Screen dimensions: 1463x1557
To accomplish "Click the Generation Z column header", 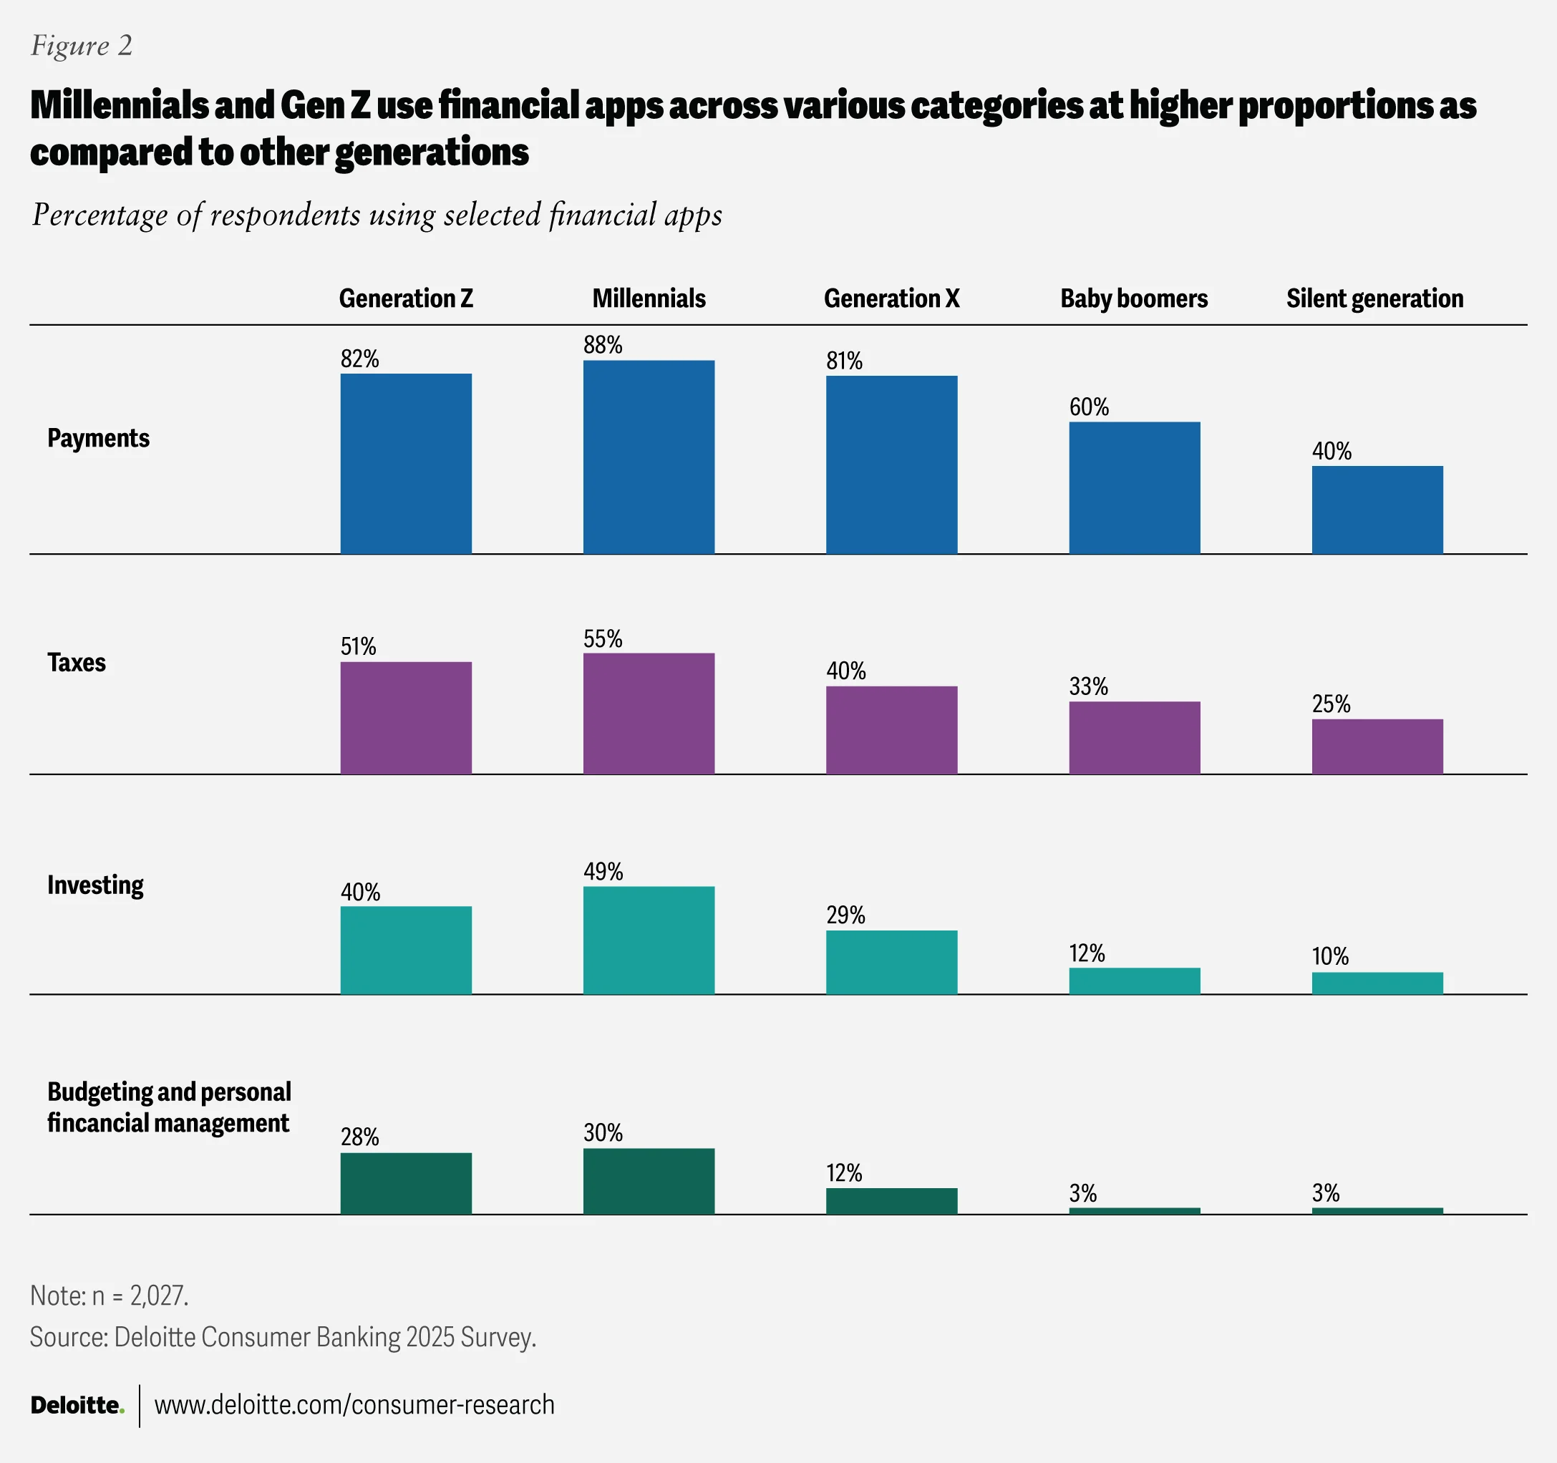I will point(406,298).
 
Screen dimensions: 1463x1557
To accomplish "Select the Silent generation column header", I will point(1374,298).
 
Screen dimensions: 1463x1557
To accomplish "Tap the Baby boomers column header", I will point(1133,298).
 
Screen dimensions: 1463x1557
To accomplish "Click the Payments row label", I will point(98,438).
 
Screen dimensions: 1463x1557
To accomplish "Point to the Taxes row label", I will point(76,663).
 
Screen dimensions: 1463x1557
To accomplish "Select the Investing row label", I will point(94,885).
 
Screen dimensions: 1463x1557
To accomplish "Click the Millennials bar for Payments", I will point(649,457).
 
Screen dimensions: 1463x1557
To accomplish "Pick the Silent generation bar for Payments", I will point(1377,510).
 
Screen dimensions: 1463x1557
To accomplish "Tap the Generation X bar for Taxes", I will point(891,730).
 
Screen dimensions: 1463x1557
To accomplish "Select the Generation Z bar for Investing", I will point(406,950).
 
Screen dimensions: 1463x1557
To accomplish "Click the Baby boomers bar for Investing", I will point(1134,981).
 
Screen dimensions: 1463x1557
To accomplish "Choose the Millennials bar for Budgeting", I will point(649,1181).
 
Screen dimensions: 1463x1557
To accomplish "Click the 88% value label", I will point(602,346).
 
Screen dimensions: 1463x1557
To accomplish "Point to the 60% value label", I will point(1089,407).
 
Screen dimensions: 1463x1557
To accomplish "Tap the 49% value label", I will point(602,872).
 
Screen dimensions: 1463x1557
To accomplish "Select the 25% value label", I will point(1331,704).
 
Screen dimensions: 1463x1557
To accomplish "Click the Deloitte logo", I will point(77,1405).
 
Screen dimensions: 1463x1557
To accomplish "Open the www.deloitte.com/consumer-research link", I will point(354,1405).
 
